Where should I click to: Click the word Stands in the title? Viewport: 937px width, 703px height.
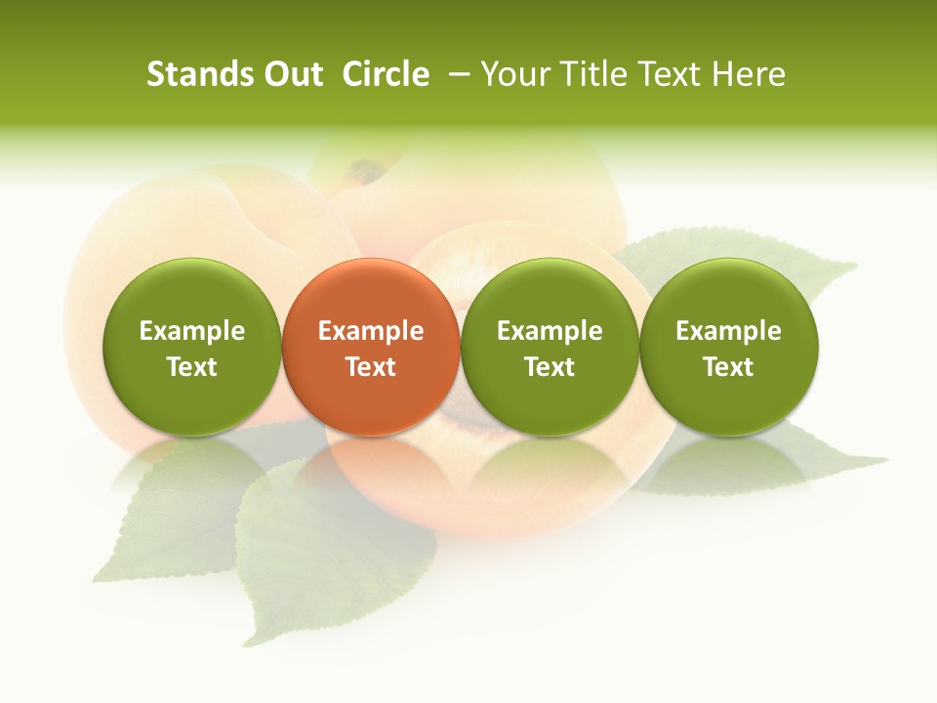(x=192, y=74)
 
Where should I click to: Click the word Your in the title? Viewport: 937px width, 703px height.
(x=514, y=74)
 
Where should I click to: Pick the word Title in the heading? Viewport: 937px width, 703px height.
(x=592, y=74)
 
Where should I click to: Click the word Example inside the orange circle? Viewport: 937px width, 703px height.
(x=371, y=331)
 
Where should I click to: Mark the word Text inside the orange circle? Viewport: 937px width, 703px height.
(x=371, y=367)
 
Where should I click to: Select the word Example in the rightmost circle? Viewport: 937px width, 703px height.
(x=729, y=331)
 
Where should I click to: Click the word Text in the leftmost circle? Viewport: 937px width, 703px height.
(x=192, y=367)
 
